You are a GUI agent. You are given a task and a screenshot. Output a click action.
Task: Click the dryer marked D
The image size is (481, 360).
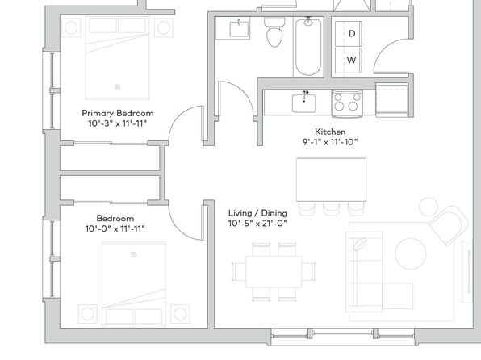pos(349,33)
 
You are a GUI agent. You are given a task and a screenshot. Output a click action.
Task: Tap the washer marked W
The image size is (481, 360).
pos(349,61)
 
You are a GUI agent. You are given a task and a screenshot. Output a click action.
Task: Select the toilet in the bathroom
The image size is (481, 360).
pos(274,32)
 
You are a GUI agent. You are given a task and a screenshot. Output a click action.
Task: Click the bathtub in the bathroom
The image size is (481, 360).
pos(308,47)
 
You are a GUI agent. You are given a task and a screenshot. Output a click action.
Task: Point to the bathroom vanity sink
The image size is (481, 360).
pos(239,28)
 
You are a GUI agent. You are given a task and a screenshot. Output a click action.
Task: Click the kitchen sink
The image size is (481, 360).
pos(303,103)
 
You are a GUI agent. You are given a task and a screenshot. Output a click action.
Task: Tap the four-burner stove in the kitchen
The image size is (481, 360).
pos(347,103)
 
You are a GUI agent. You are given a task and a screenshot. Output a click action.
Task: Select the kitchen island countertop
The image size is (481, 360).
pos(332,179)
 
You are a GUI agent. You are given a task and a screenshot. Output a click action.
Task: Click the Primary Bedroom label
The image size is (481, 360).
pos(118,113)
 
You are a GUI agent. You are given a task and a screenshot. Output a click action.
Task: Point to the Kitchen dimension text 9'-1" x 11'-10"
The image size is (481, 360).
pos(330,142)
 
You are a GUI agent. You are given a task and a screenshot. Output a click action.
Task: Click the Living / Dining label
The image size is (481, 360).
pos(257,213)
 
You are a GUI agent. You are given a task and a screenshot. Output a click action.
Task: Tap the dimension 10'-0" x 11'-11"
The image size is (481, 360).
pos(115,229)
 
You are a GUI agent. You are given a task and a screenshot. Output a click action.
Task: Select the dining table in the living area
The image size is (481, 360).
pos(274,271)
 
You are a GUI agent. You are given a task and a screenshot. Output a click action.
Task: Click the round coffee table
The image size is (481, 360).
pos(411,253)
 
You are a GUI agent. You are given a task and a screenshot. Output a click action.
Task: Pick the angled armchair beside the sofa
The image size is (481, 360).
pos(449,224)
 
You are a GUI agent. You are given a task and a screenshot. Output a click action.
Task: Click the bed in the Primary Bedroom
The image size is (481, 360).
pos(118,58)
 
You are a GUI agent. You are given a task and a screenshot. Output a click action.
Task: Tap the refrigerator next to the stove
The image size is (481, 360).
pos(392,100)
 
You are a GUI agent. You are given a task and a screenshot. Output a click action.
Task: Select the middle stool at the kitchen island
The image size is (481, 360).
pos(331,208)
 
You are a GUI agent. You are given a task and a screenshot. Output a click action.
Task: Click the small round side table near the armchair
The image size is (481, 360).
pos(429,207)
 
